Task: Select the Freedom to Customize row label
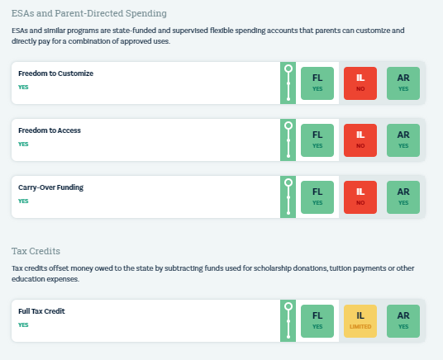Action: click(x=55, y=73)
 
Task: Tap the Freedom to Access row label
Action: click(x=50, y=130)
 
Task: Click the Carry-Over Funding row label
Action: click(x=51, y=187)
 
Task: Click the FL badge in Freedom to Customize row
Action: click(x=317, y=83)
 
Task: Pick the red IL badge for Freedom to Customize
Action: click(x=360, y=83)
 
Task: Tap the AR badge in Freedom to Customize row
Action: click(x=403, y=83)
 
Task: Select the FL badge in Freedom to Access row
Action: click(x=317, y=140)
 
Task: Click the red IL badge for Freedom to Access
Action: click(x=360, y=140)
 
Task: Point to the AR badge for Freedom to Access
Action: click(x=403, y=140)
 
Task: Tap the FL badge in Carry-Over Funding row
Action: click(x=317, y=197)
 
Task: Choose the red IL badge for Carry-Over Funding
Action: click(x=360, y=197)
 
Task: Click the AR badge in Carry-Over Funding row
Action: click(x=403, y=197)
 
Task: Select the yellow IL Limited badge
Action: click(x=360, y=320)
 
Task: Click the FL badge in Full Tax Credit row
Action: click(x=317, y=320)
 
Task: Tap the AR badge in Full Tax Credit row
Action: click(x=403, y=320)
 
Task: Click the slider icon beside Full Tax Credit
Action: click(x=288, y=320)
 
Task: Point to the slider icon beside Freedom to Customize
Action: click(x=288, y=83)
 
